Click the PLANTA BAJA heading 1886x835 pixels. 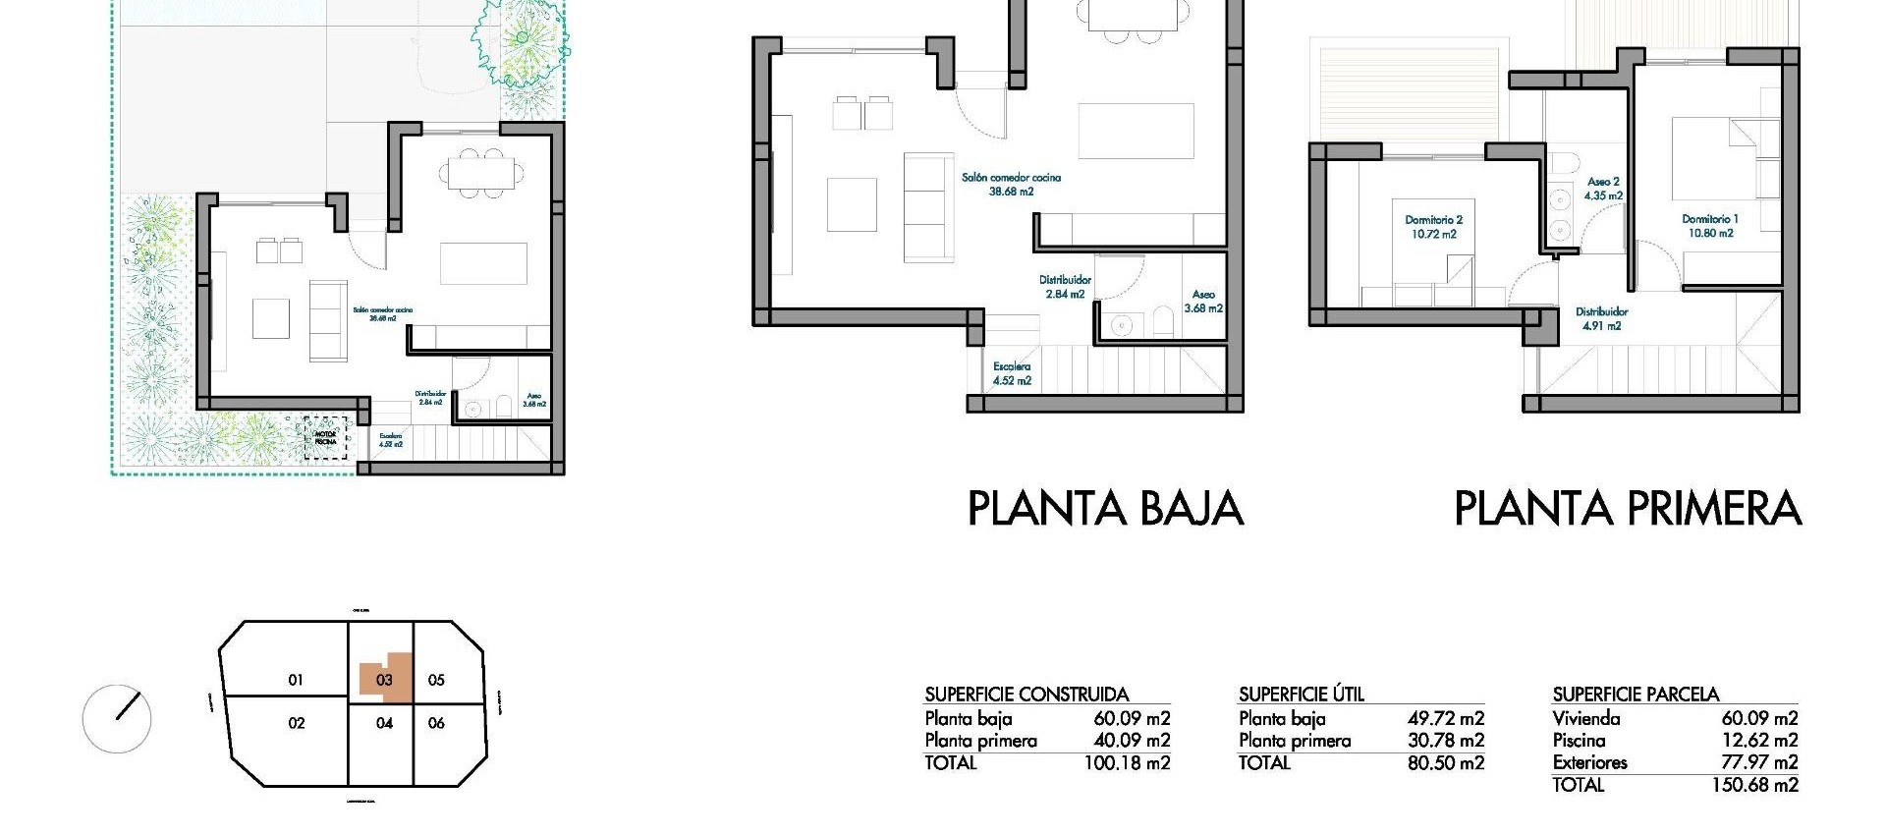tap(1105, 509)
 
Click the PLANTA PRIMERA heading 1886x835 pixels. tap(1627, 509)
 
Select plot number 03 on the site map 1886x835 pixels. tap(384, 680)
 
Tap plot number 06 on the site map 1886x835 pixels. tap(436, 723)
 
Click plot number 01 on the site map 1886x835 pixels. tap(296, 680)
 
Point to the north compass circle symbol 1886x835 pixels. tap(117, 718)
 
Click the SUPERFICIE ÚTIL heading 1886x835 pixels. tap(1302, 695)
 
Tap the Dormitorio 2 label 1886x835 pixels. tap(1434, 220)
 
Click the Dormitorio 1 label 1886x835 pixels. tap(1710, 219)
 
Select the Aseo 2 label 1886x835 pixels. tap(1603, 182)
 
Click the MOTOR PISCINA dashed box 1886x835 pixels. tap(326, 436)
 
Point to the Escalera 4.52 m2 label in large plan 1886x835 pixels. tap(1012, 373)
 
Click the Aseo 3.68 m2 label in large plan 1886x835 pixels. tap(1203, 301)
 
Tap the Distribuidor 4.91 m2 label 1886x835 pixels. tap(1601, 318)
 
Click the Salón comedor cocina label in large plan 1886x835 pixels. tap(1011, 185)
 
